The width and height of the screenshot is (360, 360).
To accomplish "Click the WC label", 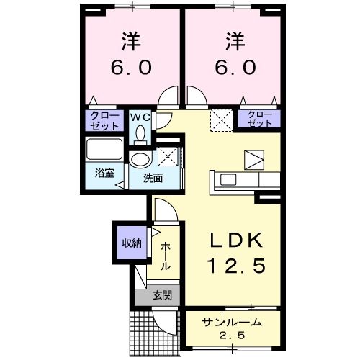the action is pos(140,117).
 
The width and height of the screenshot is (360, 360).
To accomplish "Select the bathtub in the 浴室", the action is pos(104,149).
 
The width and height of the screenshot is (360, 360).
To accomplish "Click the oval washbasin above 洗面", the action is pos(140,159).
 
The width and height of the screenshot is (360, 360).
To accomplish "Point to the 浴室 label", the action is pos(104,173).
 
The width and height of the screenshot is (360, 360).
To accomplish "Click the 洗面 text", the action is pos(153,179).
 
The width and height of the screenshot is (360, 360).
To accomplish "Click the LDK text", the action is pos(236,240).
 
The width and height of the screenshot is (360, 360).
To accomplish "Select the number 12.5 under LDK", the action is pos(236,266).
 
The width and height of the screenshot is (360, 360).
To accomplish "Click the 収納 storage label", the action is pos(132,243).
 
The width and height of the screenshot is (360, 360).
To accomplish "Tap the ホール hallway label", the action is pos(166,256).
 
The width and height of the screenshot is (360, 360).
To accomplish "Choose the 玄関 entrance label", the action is pos(163,295).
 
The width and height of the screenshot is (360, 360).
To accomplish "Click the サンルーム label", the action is pos(232,323).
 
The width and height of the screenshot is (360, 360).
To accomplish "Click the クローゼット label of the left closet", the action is pos(104,121).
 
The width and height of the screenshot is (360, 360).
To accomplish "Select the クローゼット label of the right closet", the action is pos(260,119).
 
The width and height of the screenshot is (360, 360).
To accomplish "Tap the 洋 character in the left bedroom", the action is pos(131,41).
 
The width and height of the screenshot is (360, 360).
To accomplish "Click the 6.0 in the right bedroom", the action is pos(235,67).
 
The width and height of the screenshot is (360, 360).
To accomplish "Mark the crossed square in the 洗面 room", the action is pos(168,156).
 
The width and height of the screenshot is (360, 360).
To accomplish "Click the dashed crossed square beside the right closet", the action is pos(222,120).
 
